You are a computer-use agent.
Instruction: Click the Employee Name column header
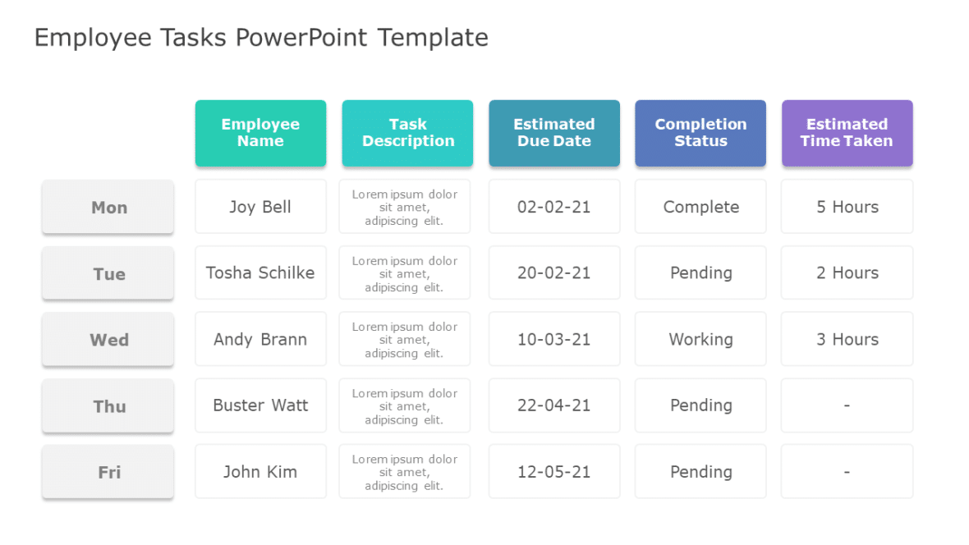pyautogui.click(x=260, y=133)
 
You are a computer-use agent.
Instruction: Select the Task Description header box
pyautogui.click(x=407, y=133)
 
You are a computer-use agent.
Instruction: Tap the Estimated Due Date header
pyautogui.click(x=553, y=133)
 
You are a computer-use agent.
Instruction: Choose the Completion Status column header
pyautogui.click(x=700, y=133)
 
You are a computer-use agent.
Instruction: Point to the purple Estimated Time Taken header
pyautogui.click(x=847, y=133)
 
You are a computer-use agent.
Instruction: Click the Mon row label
pyautogui.click(x=108, y=208)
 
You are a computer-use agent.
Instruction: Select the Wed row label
pyautogui.click(x=108, y=340)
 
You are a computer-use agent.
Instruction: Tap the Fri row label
pyautogui.click(x=108, y=473)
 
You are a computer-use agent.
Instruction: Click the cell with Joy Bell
pyautogui.click(x=260, y=207)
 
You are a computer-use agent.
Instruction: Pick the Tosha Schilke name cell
pyautogui.click(x=260, y=273)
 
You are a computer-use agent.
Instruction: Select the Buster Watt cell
pyautogui.click(x=260, y=405)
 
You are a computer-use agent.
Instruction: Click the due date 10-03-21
pyautogui.click(x=553, y=339)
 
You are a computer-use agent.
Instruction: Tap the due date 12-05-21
pyautogui.click(x=553, y=472)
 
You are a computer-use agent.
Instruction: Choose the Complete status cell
pyautogui.click(x=700, y=207)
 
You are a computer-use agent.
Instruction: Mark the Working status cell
pyautogui.click(x=700, y=339)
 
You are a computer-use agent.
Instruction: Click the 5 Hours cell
pyautogui.click(x=847, y=207)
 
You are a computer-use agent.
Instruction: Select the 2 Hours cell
pyautogui.click(x=847, y=273)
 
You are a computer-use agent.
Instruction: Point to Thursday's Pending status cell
pyautogui.click(x=700, y=405)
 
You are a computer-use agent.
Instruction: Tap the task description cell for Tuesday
pyautogui.click(x=405, y=273)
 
